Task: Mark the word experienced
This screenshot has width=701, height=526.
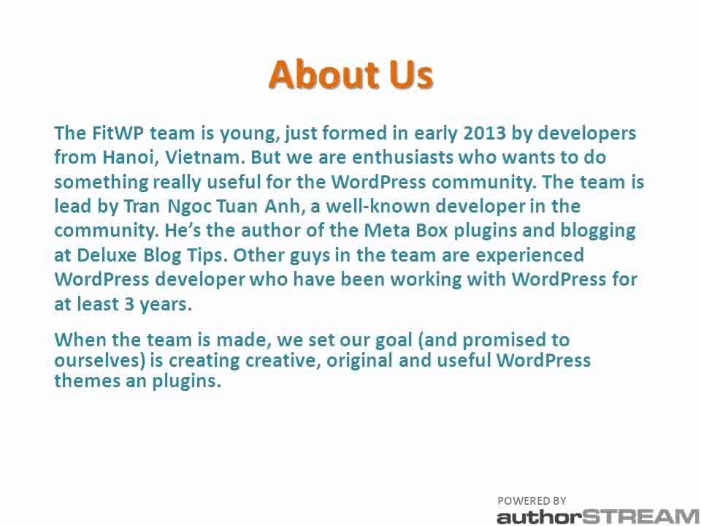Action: pyautogui.click(x=520, y=255)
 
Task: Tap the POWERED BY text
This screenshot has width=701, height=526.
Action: pyautogui.click(x=532, y=500)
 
